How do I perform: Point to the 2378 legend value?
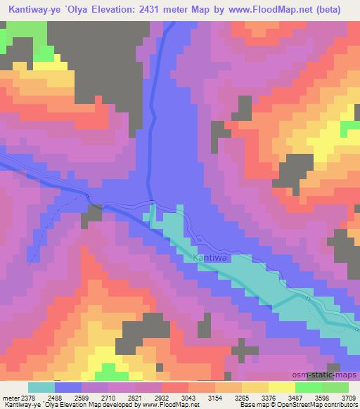tap(27, 397)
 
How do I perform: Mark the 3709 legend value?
tap(347, 397)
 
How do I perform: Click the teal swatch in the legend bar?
tap(41, 387)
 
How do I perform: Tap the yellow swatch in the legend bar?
tap(282, 387)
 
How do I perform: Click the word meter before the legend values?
tap(9, 397)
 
